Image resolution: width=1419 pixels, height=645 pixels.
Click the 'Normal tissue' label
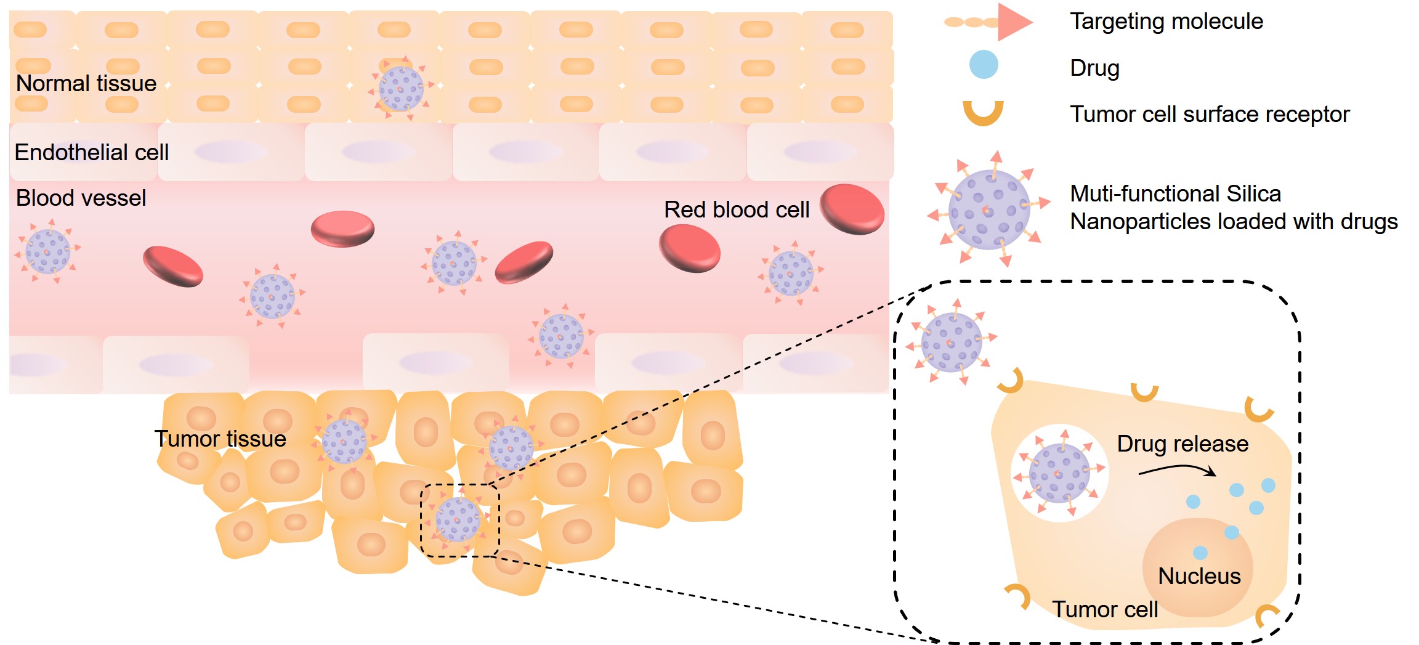coord(86,83)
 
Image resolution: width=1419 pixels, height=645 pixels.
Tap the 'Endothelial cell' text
coord(91,152)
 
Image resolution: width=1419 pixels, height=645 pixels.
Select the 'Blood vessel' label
coord(81,198)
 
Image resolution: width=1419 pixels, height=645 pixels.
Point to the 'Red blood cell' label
coord(736,209)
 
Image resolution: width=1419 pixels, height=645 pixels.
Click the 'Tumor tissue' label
coord(220,439)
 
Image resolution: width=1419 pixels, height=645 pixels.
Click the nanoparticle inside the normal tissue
coord(401,89)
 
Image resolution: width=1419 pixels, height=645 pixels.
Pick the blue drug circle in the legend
coord(983,65)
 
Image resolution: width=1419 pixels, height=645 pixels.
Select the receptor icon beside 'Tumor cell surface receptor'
coord(983,114)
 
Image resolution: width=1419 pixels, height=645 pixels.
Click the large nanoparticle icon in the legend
coord(988,209)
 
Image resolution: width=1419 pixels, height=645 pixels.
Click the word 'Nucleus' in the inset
coord(1199,576)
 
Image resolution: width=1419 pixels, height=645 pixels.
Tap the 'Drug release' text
coord(1182,444)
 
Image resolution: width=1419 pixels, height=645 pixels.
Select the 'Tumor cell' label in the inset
coord(1105,609)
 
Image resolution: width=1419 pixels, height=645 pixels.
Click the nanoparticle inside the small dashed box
coord(458,519)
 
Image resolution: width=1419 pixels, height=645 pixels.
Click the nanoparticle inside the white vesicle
coord(1059,473)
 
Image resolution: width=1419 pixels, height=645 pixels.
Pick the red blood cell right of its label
coord(852,209)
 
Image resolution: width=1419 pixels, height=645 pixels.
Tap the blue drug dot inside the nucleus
coord(1200,553)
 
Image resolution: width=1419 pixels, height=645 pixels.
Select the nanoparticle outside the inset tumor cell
coord(952,342)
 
